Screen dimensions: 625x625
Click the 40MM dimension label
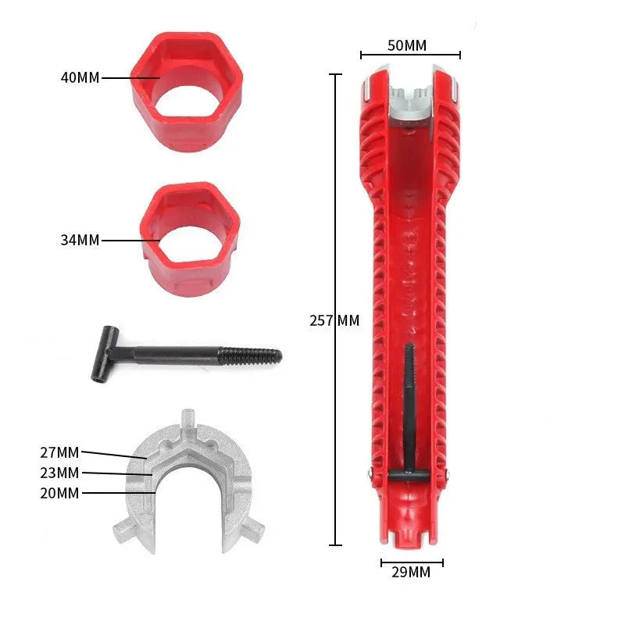[80, 78]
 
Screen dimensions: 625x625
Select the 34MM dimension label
[80, 241]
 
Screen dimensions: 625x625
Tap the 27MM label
[59, 452]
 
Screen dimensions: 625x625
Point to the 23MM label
[59, 473]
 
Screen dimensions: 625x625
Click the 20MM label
[59, 493]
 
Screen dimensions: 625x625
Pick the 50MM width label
[407, 45]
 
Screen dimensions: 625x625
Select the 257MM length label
[334, 320]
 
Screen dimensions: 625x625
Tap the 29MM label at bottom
[410, 573]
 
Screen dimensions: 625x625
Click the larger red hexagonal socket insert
[186, 90]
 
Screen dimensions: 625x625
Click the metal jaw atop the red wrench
[410, 105]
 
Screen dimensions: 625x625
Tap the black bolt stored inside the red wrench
[409, 406]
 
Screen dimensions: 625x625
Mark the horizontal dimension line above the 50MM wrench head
[410, 55]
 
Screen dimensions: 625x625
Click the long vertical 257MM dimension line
[336, 195]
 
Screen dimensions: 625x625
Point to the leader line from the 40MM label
[129, 78]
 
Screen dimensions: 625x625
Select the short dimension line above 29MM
[412, 561]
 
